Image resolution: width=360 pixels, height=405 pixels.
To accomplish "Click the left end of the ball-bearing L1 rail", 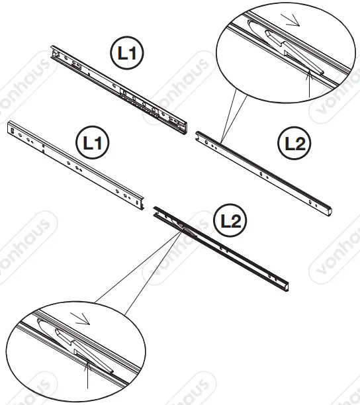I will pos(54,51).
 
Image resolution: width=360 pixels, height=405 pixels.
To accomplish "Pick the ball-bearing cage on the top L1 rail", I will pos(142,103).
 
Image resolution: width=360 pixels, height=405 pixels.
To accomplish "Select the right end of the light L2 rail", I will pos(328,211).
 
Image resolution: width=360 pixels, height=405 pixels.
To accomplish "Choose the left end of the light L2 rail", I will pos(199,136).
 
